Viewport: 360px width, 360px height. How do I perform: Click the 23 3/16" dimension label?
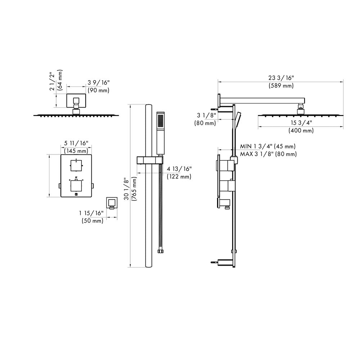pos(281,77)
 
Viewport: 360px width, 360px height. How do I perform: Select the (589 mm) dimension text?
pos(281,86)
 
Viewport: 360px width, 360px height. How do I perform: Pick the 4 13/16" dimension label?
pos(179,168)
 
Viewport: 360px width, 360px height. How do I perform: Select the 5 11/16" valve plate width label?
pos(76,143)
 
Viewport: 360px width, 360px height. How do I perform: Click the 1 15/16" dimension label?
pos(91,213)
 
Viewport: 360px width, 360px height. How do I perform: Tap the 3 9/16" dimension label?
pos(98,82)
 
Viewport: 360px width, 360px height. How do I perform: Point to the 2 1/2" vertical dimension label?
pos(53,81)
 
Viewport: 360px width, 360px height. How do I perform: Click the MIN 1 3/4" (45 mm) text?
pos(268,146)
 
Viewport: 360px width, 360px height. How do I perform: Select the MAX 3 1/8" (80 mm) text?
pos(268,154)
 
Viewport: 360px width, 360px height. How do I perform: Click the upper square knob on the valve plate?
pos(76,165)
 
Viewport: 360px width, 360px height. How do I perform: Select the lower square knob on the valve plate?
pos(76,185)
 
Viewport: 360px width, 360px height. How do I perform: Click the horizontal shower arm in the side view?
pos(263,100)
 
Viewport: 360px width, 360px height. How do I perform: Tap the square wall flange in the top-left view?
pos(76,101)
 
